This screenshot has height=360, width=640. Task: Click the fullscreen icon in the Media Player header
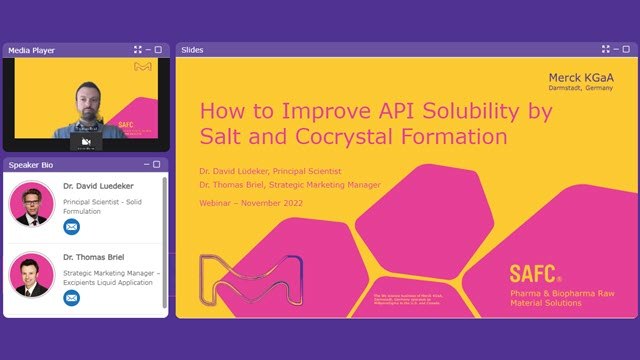coord(138,49)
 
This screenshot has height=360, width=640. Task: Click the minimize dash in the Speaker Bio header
coord(146,164)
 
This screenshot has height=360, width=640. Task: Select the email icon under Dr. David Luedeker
coord(71,227)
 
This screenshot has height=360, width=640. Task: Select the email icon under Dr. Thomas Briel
coord(71,297)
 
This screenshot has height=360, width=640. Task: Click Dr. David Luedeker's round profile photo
coord(32,204)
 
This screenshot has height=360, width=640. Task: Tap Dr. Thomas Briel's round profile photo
coord(32,274)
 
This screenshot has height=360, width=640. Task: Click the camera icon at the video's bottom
coord(86,143)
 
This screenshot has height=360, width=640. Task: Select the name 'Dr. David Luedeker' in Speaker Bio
coord(97,186)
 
